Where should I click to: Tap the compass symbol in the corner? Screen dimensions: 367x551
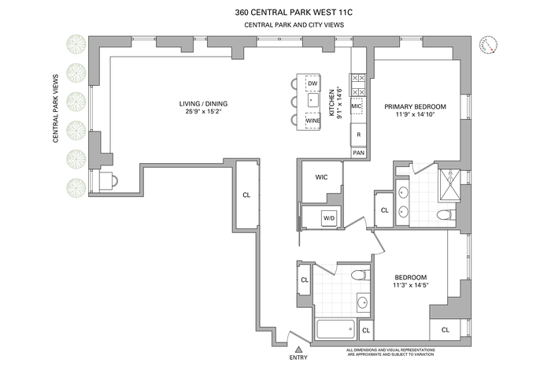491,45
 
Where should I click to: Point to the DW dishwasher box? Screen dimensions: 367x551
312,83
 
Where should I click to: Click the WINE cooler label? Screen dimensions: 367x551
312,120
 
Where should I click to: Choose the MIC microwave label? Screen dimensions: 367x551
356,105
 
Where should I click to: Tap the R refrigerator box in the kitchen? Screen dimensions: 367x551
358,135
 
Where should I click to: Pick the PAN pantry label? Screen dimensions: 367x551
358,152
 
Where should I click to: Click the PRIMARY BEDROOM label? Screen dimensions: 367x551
415,106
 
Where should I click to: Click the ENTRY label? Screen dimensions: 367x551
298,358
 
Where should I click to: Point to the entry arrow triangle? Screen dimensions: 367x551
298,347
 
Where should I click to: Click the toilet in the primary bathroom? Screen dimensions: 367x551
445,215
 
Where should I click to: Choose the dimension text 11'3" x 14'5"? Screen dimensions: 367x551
410,287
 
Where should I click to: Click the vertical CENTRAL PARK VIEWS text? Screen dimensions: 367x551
56,108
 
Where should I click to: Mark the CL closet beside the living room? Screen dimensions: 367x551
246,195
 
